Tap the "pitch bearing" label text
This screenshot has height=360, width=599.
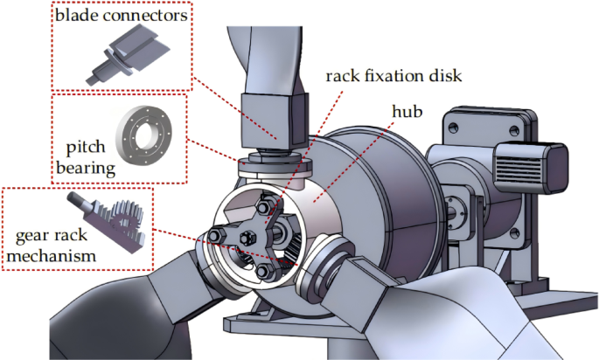[84, 154]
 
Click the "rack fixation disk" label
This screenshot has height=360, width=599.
[393, 75]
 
